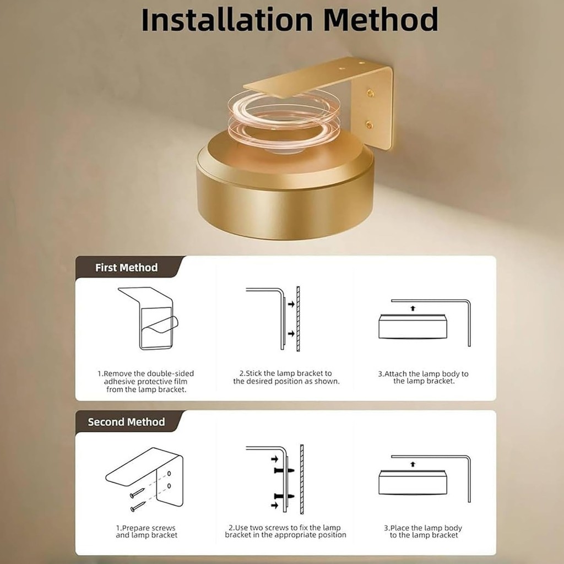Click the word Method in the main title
coord(381,20)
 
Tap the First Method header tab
coord(126,268)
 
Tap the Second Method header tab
coord(126,422)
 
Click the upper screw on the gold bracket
coord(370,94)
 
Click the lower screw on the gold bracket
coord(369,125)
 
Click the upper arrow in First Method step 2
coord(291,304)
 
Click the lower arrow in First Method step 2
coord(291,334)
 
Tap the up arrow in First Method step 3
coord(413,308)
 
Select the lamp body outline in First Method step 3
coord(413,326)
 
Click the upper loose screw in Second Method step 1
coord(137,493)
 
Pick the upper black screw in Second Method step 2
coord(284,470)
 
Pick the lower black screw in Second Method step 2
coord(284,496)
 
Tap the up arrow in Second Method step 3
coord(413,464)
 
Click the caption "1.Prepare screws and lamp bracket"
coord(146,532)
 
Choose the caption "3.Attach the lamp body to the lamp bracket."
coord(424,377)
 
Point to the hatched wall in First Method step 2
coord(298,319)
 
